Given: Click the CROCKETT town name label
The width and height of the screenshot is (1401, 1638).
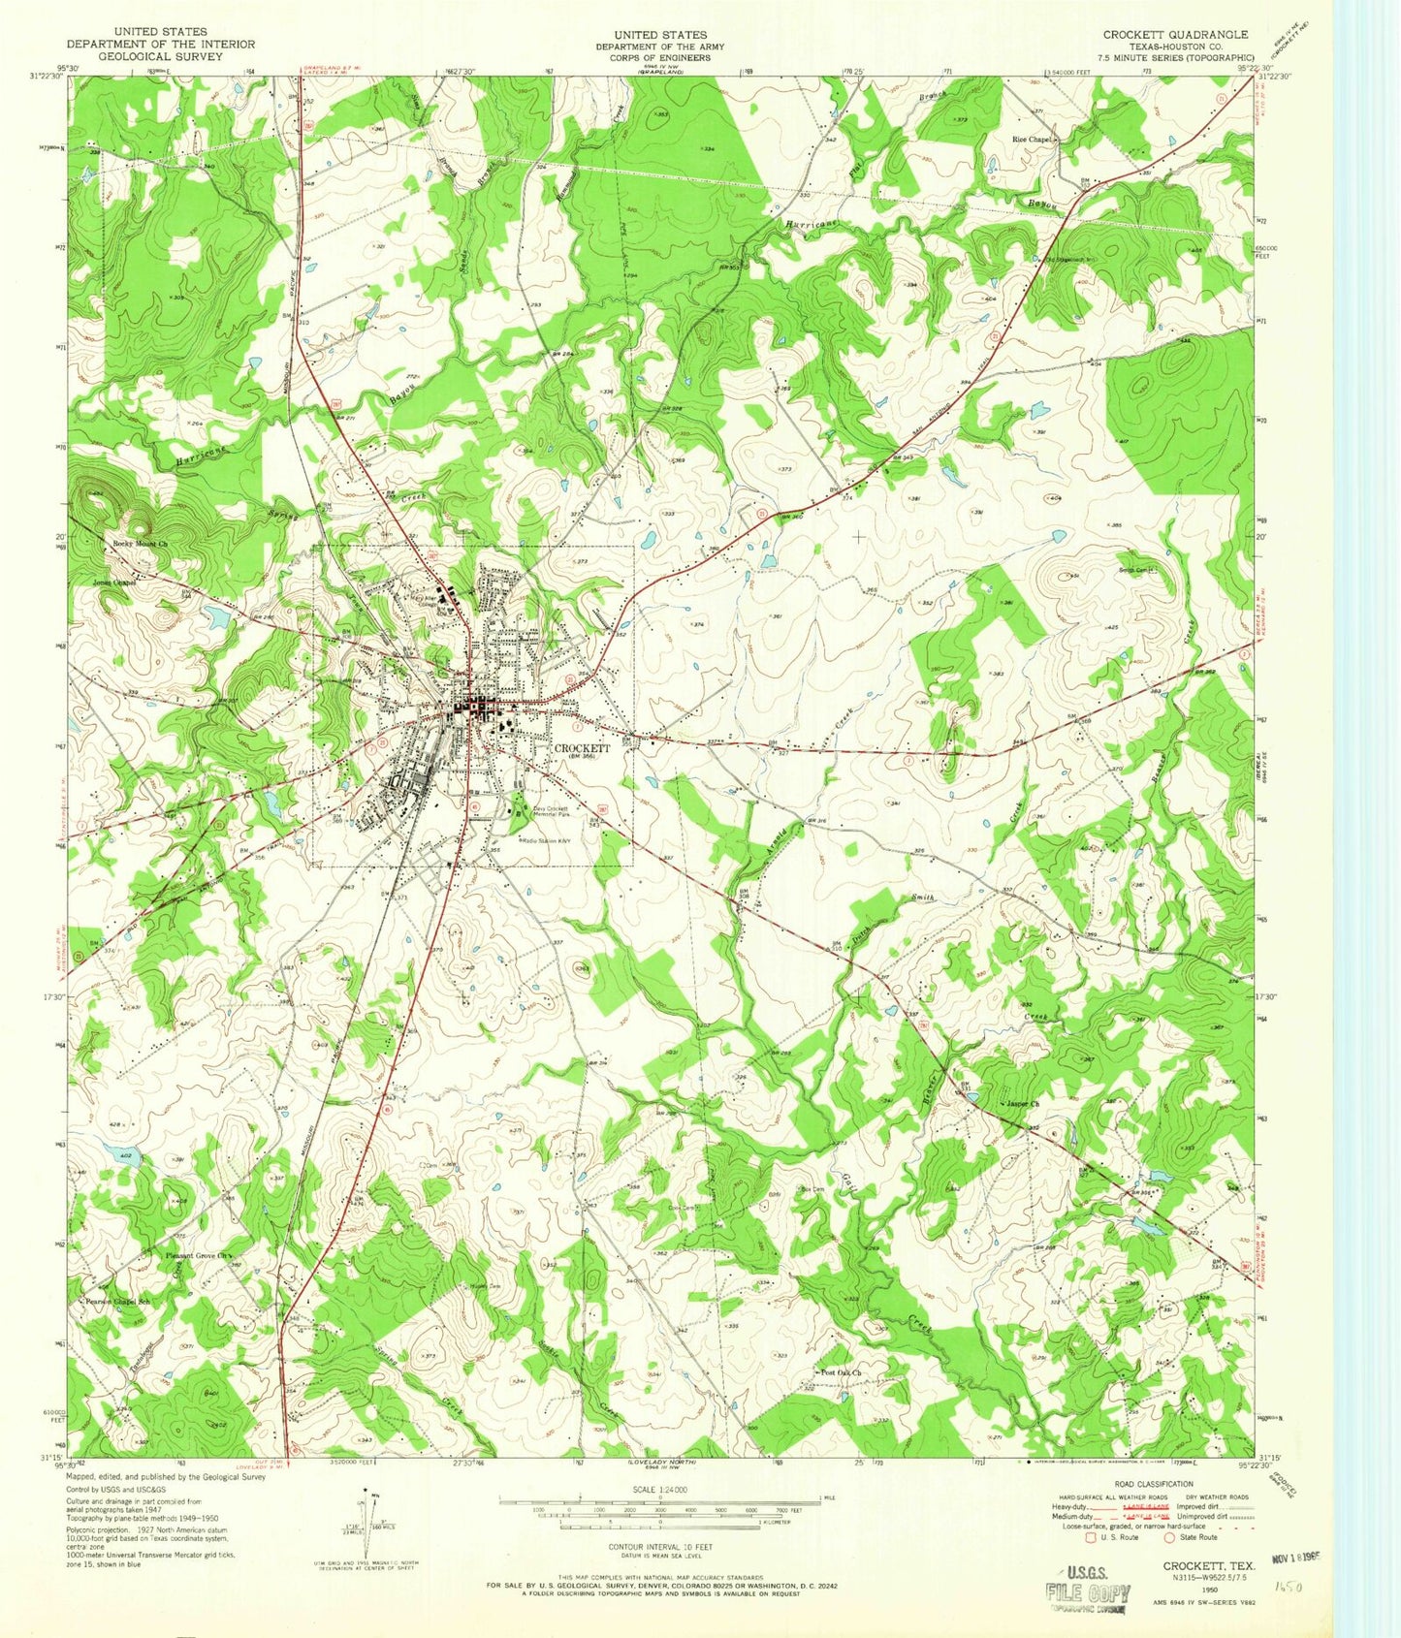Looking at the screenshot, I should coord(582,748).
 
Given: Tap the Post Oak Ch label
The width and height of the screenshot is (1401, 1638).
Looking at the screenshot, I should coord(842,1372).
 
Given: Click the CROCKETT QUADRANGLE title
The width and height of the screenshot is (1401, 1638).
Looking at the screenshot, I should coord(1175,34).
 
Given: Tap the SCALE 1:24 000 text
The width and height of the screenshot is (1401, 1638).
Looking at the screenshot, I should coord(659,1489).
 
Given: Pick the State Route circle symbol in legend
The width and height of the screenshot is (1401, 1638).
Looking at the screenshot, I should coord(1171,1537).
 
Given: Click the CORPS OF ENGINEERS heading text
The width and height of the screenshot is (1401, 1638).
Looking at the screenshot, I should coord(658,57).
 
